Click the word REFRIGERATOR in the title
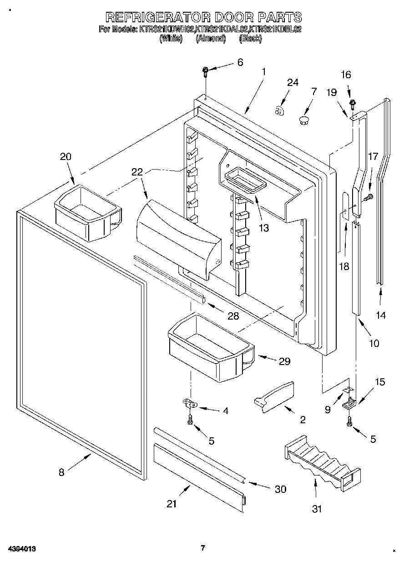pos(157,18)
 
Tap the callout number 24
pos(293,83)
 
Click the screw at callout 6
pos(206,70)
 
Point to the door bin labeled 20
pos(87,212)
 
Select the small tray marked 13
pos(245,181)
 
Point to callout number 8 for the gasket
pos(62,472)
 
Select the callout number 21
pos(171,503)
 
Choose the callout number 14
pos(381,315)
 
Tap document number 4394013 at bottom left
pos(21,549)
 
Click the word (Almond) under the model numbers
pos(211,39)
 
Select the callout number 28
pos(233,316)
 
